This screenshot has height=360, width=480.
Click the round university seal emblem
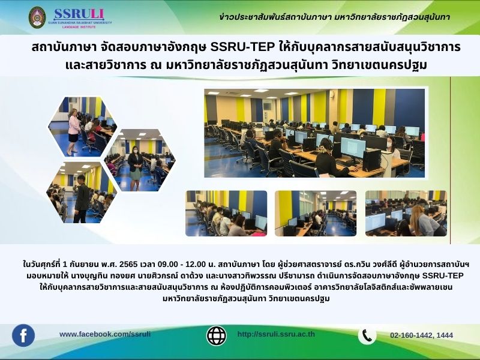coord(37,17)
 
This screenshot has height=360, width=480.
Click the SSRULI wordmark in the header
coord(79,14)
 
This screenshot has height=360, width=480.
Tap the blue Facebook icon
coord(23,335)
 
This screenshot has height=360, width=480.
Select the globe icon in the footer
coord(217,335)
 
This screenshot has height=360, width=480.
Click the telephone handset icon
coord(367,335)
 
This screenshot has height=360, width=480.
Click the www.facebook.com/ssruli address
coord(105,334)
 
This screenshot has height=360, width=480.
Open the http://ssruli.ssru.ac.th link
coord(276,334)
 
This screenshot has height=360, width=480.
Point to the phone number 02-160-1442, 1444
coord(422,335)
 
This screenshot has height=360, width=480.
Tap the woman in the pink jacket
coord(73,131)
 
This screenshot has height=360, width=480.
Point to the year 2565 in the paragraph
coord(128,264)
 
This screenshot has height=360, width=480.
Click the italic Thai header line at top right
coord(335,17)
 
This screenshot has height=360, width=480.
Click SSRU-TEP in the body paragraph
coord(443,275)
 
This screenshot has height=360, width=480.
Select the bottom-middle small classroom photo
coord(316,214)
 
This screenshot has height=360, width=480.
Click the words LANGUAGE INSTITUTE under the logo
coord(79,27)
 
